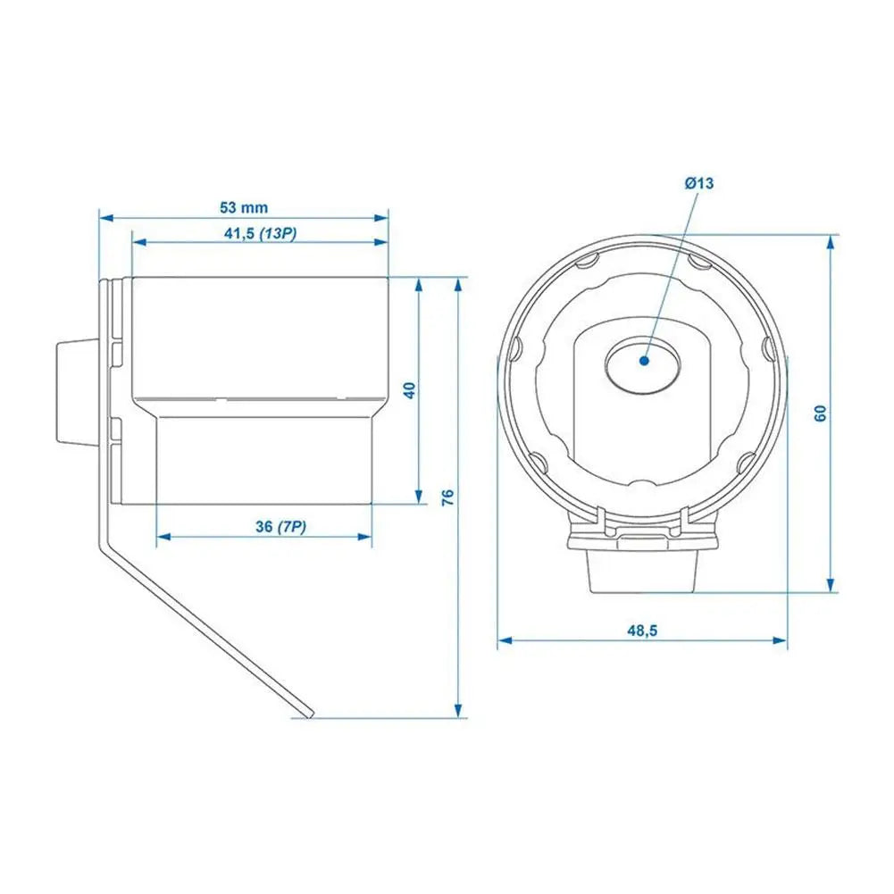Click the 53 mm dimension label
pyautogui.click(x=244, y=207)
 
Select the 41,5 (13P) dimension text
pyautogui.click(x=260, y=233)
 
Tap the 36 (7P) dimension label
pyautogui.click(x=280, y=527)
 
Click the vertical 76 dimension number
pyautogui.click(x=448, y=497)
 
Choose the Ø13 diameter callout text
pyautogui.click(x=699, y=183)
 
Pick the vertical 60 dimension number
pyautogui.click(x=821, y=412)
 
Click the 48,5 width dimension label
pyautogui.click(x=641, y=631)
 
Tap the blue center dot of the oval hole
pyautogui.click(x=643, y=361)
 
